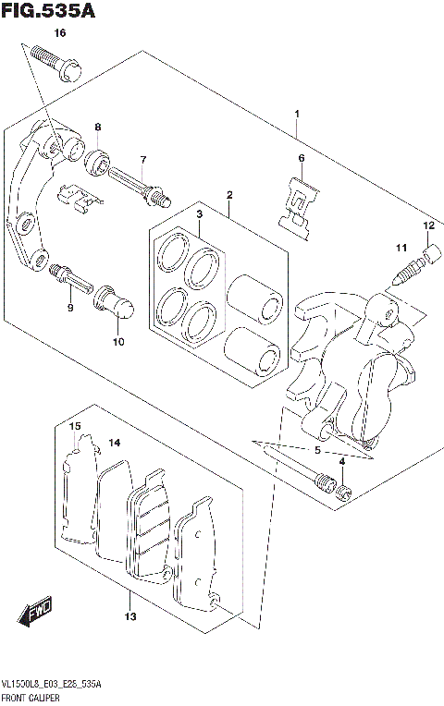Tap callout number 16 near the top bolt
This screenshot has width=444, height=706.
pyautogui.click(x=60, y=33)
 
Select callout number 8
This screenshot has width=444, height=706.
pyautogui.click(x=97, y=127)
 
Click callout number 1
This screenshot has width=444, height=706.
pyautogui.click(x=296, y=115)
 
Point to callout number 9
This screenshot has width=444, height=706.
pyautogui.click(x=69, y=308)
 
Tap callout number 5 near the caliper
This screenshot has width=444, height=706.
pyautogui.click(x=317, y=452)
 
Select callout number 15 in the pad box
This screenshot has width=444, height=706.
pyautogui.click(x=77, y=425)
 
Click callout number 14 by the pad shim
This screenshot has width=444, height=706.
pyautogui.click(x=115, y=444)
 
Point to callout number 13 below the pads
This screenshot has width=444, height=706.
pyautogui.click(x=131, y=616)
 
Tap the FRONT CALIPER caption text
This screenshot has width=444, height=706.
pyautogui.click(x=32, y=698)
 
